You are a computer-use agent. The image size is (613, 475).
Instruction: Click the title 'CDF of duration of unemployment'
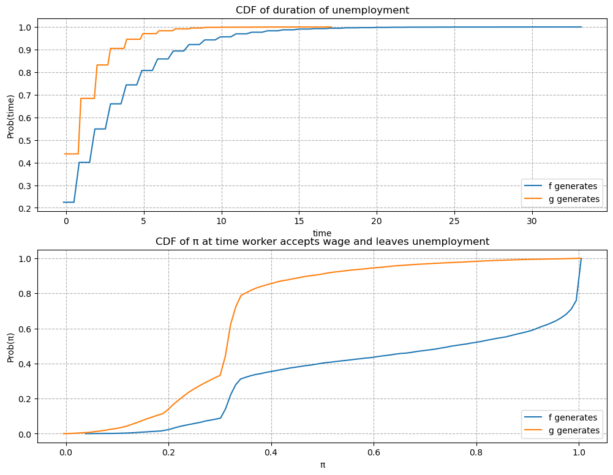[322, 10]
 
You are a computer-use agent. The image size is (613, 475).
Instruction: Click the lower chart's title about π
[322, 241]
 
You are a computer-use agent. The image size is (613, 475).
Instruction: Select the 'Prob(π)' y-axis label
[10, 345]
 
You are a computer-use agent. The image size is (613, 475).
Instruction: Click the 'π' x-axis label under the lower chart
[322, 465]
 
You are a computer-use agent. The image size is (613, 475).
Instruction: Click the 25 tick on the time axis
[454, 220]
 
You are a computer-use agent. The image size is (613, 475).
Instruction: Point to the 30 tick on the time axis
[532, 220]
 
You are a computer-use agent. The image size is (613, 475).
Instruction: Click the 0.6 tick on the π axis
[373, 452]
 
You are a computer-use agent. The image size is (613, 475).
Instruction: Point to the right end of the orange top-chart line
[331, 27]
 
